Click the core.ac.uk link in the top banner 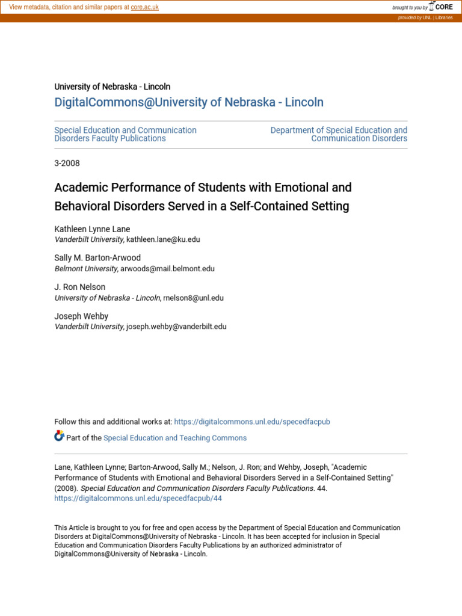point(144,7)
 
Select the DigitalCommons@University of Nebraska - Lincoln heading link point(189,102)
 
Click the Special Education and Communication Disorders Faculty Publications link point(125,134)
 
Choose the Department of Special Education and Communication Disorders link point(339,134)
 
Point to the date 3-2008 point(67,163)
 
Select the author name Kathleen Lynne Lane point(92,229)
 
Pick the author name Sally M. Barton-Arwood point(97,258)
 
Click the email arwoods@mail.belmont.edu point(167,269)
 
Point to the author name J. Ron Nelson point(80,288)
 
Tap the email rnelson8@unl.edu point(193,298)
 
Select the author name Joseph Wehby point(81,316)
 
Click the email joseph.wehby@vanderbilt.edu point(176,327)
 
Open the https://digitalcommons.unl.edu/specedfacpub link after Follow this point(251,422)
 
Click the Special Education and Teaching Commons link point(175,438)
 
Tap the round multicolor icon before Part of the point(59,436)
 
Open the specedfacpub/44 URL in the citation point(138,499)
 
